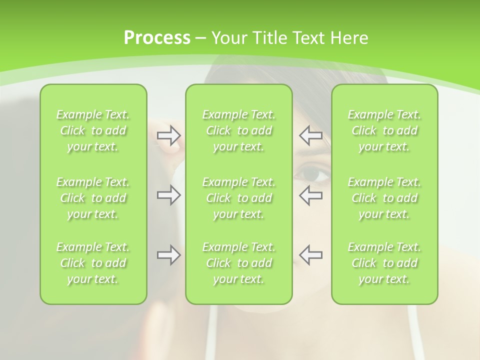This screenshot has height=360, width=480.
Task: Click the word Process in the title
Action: point(157,38)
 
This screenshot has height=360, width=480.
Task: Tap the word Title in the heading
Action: point(269,38)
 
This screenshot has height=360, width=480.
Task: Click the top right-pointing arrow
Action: point(168,135)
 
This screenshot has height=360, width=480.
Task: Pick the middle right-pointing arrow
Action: point(168,195)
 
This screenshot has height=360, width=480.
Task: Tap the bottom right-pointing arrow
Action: point(168,254)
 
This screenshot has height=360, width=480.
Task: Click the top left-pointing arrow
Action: point(311,135)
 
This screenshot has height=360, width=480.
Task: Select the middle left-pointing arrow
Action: point(311,195)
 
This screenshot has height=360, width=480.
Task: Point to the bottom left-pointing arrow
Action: point(311,254)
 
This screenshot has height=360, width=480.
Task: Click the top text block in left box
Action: point(93,130)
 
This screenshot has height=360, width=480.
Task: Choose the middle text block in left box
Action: point(93,198)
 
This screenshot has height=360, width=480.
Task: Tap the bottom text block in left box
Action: point(93,263)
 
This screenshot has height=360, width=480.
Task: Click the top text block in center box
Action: point(239,130)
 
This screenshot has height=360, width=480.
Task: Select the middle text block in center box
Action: point(239,198)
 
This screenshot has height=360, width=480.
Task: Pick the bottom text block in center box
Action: point(239,263)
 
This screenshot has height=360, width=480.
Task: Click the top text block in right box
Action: point(384,130)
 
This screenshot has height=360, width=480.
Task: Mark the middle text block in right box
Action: point(384,198)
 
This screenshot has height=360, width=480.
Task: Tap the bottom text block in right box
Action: point(384,263)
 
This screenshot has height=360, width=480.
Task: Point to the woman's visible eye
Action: point(313,175)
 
